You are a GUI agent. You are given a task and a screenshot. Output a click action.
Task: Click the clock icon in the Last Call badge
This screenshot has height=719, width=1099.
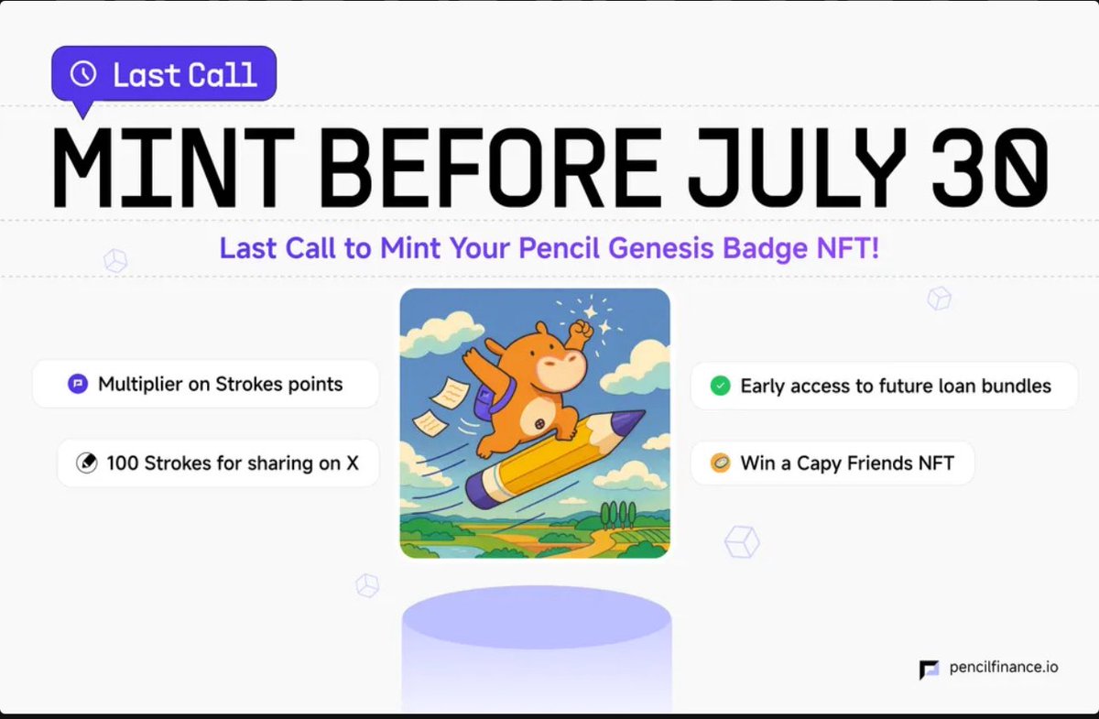pos(83,74)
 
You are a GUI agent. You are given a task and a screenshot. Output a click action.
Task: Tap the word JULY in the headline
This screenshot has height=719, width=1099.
pos(797,168)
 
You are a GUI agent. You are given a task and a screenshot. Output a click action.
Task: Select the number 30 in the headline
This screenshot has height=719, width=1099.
pos(990,168)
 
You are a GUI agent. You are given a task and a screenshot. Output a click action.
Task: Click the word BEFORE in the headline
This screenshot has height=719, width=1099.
pos(492,168)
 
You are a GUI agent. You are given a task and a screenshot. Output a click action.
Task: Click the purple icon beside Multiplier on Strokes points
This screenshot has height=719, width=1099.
pos(78,384)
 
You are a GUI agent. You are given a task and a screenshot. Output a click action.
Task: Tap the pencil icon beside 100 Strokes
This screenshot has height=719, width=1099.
pos(87,463)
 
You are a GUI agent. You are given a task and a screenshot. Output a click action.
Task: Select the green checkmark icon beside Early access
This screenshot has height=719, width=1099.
pos(720,386)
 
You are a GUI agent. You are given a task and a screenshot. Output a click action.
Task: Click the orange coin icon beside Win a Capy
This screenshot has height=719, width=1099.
pos(720,463)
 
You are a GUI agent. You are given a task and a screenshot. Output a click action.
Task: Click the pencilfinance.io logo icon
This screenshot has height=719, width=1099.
pos(929,670)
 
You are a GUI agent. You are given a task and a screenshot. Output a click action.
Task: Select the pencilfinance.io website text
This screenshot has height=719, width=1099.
pos(1004,668)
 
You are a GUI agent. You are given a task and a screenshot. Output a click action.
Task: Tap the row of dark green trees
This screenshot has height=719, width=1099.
pos(618,516)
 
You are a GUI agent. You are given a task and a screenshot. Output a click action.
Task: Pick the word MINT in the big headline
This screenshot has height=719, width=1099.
pos(173,168)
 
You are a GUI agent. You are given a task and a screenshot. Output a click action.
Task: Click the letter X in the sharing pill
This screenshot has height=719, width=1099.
pos(353,463)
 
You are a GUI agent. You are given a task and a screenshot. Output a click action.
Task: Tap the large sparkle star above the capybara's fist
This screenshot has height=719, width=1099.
pos(590,311)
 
